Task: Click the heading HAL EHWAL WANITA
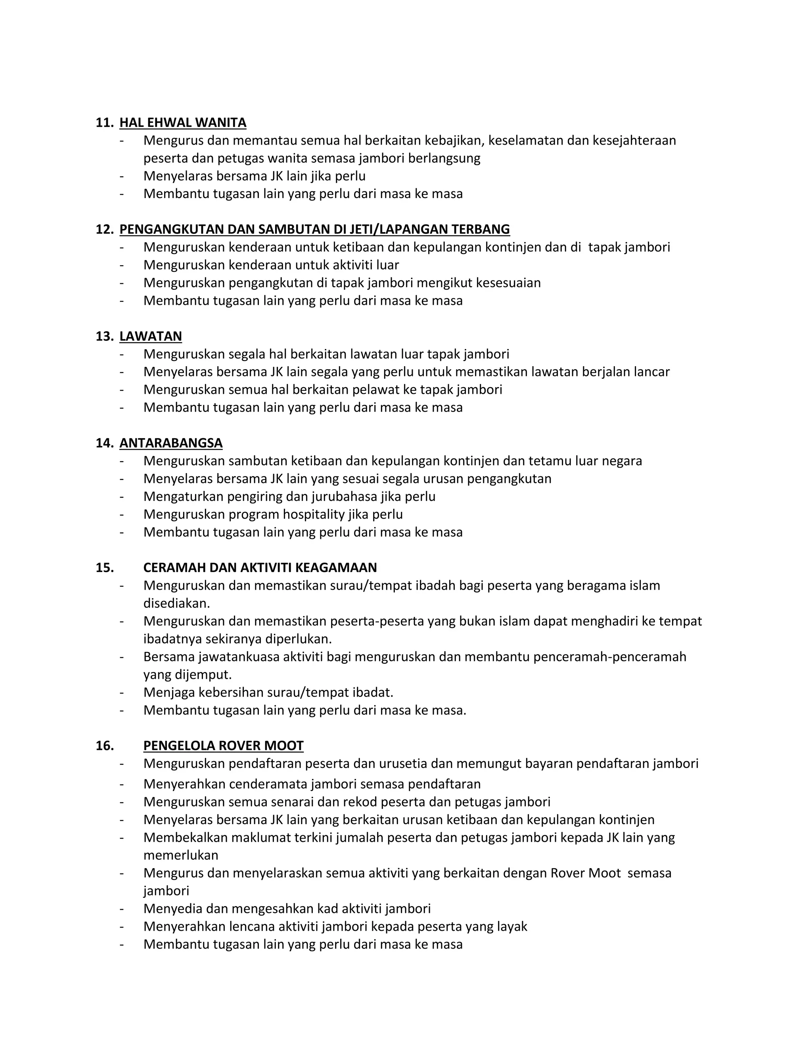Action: click(183, 122)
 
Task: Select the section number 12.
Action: click(104, 229)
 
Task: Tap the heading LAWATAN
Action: click(151, 336)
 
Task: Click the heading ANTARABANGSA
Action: click(171, 443)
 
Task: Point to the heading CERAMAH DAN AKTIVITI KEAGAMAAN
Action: click(260, 568)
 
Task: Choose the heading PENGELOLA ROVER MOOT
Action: click(223, 746)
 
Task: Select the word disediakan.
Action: click(176, 603)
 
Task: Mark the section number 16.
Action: click(104, 746)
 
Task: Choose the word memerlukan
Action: click(180, 855)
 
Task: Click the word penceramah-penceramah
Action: click(609, 657)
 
